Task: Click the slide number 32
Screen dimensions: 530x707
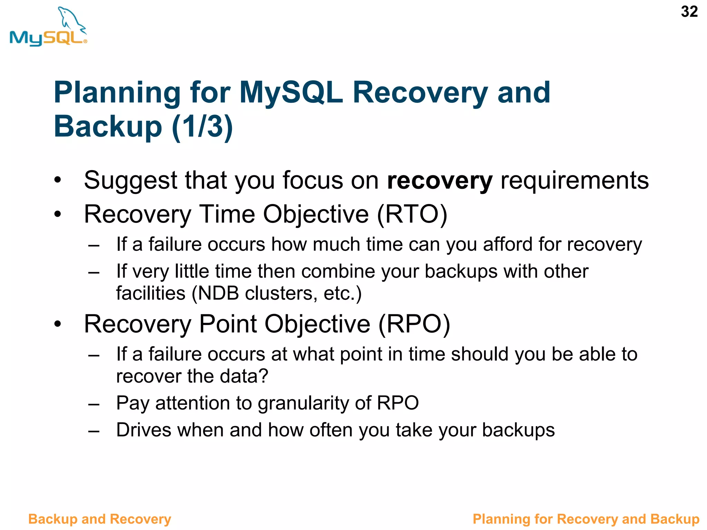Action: (689, 12)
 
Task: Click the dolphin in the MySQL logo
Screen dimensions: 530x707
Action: (71, 19)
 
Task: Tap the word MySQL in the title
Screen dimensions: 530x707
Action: (291, 92)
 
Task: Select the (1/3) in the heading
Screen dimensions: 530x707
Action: (202, 126)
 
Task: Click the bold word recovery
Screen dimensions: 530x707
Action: (439, 180)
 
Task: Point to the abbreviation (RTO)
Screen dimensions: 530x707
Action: (412, 215)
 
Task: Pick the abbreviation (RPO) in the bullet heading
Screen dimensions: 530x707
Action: (414, 324)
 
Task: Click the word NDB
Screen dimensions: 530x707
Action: (218, 293)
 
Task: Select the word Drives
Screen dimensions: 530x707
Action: (144, 430)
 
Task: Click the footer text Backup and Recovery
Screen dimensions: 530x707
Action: (99, 519)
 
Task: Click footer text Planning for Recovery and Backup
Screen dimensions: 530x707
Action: (585, 519)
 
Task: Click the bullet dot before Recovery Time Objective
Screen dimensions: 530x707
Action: (58, 215)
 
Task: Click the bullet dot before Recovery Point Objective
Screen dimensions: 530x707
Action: (58, 324)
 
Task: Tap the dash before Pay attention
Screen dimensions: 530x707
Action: (94, 404)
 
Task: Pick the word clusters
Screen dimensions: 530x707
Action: (281, 293)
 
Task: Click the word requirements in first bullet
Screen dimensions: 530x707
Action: (574, 180)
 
